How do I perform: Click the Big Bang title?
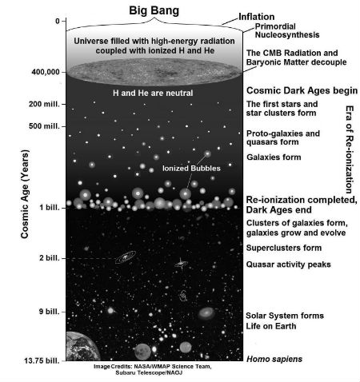(x=154, y=10)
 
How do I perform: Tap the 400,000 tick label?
(x=46, y=72)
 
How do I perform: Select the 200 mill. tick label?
(x=44, y=104)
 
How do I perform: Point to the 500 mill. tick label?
(x=44, y=126)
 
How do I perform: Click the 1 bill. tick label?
(x=50, y=207)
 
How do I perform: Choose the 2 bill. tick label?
(x=50, y=258)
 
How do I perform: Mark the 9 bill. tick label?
(x=50, y=311)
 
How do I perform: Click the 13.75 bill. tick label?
(x=42, y=360)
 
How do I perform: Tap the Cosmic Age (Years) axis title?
(x=25, y=194)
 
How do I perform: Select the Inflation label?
(x=256, y=17)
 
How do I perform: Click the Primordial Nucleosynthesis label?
(x=287, y=30)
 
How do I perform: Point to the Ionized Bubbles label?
(x=191, y=169)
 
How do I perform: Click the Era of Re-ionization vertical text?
(x=350, y=149)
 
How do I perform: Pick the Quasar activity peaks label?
(x=288, y=265)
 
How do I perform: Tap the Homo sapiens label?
(x=274, y=359)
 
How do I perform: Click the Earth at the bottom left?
(x=82, y=347)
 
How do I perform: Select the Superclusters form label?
(x=284, y=248)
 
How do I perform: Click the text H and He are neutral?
(x=153, y=93)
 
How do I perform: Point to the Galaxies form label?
(x=274, y=157)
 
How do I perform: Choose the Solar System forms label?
(x=285, y=316)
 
